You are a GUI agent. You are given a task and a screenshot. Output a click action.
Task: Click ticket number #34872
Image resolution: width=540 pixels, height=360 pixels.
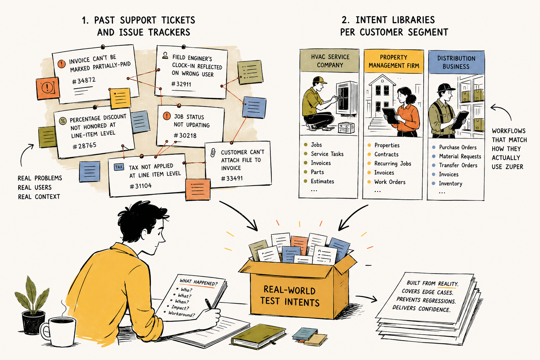[x=84, y=81]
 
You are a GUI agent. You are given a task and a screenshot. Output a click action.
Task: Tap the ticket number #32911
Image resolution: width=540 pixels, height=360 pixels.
[x=181, y=84]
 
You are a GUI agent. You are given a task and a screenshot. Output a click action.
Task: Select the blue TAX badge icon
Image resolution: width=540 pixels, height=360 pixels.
[x=119, y=167]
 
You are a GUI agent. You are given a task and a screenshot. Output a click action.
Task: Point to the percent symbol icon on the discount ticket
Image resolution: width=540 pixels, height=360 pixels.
[x=63, y=121]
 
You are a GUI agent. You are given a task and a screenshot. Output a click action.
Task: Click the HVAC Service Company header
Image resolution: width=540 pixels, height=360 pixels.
[x=330, y=61]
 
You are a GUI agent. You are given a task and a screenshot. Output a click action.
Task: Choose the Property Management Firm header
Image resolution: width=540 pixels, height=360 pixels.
[x=394, y=62]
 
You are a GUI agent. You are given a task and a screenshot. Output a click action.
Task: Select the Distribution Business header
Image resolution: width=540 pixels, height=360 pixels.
[x=456, y=63]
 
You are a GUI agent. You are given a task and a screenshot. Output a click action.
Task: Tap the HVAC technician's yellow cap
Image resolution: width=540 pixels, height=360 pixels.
[x=320, y=80]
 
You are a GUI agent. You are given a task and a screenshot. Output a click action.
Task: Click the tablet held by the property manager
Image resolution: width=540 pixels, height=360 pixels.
[x=390, y=116]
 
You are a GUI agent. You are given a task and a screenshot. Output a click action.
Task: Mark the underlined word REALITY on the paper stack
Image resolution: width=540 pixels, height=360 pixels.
[x=448, y=284]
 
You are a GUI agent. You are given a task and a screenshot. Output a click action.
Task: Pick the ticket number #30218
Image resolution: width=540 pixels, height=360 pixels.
[x=185, y=135]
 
